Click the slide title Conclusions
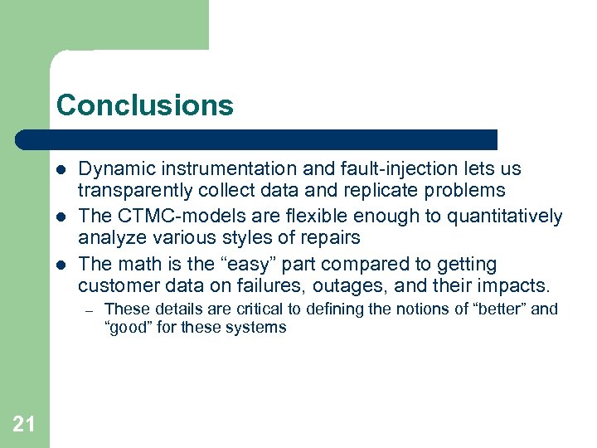[145, 105]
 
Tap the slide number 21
[24, 425]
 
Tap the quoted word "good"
[127, 328]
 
